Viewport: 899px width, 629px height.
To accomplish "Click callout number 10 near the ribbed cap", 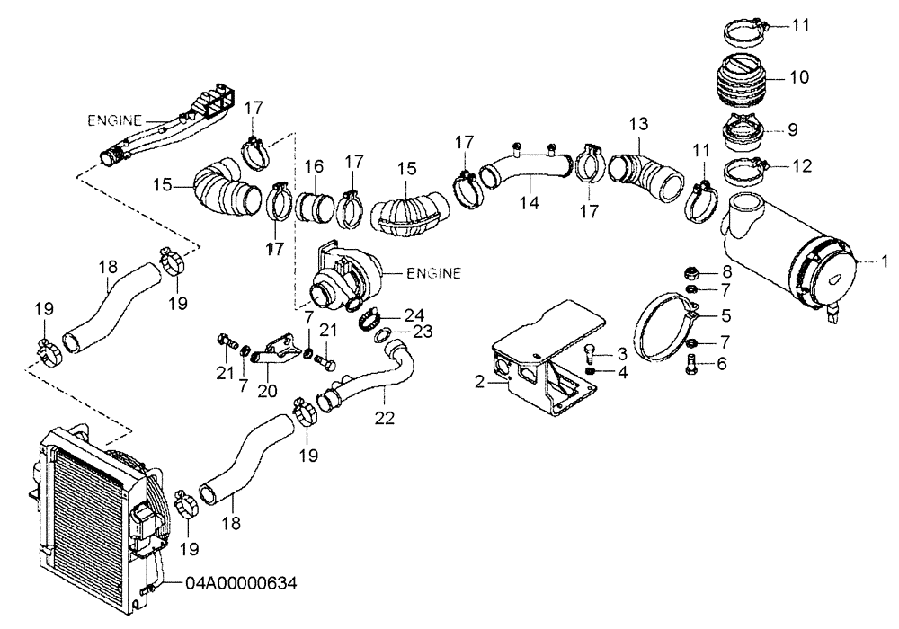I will coord(799,77).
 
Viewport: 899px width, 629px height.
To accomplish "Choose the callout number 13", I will coord(637,121).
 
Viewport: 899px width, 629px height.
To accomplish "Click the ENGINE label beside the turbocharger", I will coord(433,272).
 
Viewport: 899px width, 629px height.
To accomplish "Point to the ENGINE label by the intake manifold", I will coord(115,119).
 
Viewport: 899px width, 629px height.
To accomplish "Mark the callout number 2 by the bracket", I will coord(481,381).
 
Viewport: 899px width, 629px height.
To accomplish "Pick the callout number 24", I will coord(413,314).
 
